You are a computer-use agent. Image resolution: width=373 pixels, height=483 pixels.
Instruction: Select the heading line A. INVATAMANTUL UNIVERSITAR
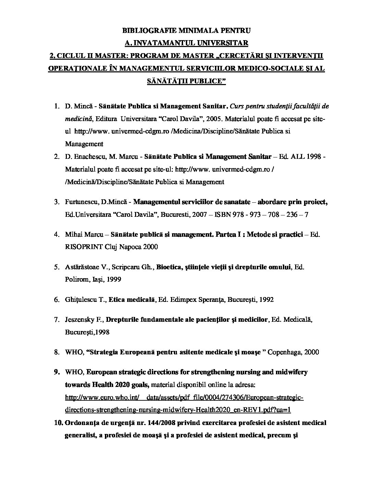tap(186, 43)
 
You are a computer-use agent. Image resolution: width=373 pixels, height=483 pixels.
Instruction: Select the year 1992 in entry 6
tap(266, 299)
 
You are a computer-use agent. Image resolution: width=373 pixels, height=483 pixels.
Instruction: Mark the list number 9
tap(57, 372)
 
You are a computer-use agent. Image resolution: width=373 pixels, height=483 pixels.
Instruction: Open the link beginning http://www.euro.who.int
tap(184, 398)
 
